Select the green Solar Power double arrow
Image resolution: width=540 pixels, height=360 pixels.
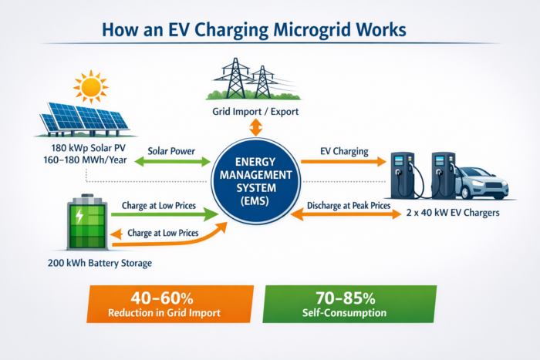point(171,162)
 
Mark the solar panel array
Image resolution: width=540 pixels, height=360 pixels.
point(83,116)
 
